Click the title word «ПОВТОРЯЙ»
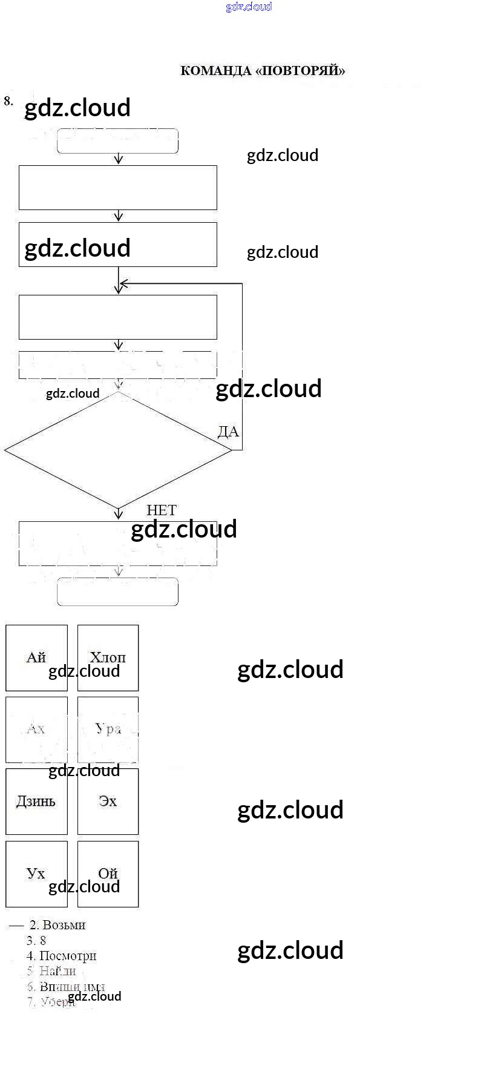click(x=301, y=71)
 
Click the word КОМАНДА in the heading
click(x=216, y=71)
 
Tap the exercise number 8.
click(x=8, y=101)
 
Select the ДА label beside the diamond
click(x=228, y=432)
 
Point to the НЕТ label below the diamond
click(x=161, y=510)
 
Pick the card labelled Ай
click(x=36, y=657)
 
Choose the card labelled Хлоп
click(x=108, y=657)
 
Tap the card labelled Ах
click(x=36, y=729)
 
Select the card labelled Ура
click(x=108, y=729)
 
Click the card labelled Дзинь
click(x=36, y=802)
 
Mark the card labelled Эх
click(x=108, y=802)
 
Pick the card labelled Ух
click(x=36, y=874)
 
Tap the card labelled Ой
click(x=108, y=874)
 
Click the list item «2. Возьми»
click(x=58, y=925)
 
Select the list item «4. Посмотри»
click(x=62, y=956)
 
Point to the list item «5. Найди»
click(x=51, y=971)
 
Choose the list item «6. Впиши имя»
click(x=66, y=987)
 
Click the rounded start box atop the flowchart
click(x=117, y=141)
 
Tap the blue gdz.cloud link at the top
click(x=249, y=7)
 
